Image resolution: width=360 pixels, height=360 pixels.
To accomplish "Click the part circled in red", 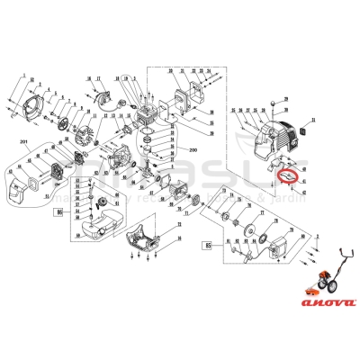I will coord(289,176).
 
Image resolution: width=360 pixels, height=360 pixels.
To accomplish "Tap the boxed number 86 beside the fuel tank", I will coord(60,213).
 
